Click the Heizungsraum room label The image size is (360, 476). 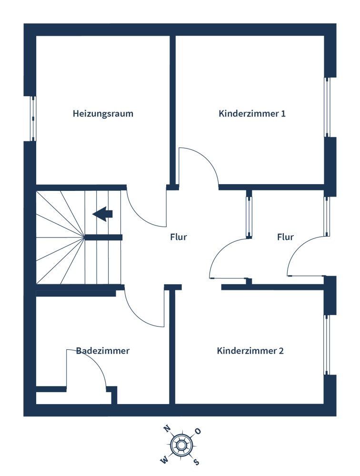tap(103, 114)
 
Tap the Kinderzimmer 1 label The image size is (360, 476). tap(252, 114)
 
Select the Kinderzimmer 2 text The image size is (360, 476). tap(250, 351)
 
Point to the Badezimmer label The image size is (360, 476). tap(103, 351)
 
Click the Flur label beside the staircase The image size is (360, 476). tap(178, 237)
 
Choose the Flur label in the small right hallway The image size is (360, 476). tap(285, 237)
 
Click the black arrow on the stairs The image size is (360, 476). tap(103, 214)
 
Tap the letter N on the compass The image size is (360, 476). tap(167, 428)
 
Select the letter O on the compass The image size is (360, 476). tap(198, 431)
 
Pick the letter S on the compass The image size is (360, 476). tap(196, 462)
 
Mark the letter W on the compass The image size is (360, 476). tap(164, 461)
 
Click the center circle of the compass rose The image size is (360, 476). tap(181, 446)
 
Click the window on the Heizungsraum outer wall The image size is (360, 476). tap(33, 119)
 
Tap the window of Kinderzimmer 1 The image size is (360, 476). tap(327, 107)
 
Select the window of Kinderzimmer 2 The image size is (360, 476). tap(327, 345)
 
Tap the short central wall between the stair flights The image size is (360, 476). tap(103, 238)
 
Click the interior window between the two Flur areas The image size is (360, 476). tap(249, 217)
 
